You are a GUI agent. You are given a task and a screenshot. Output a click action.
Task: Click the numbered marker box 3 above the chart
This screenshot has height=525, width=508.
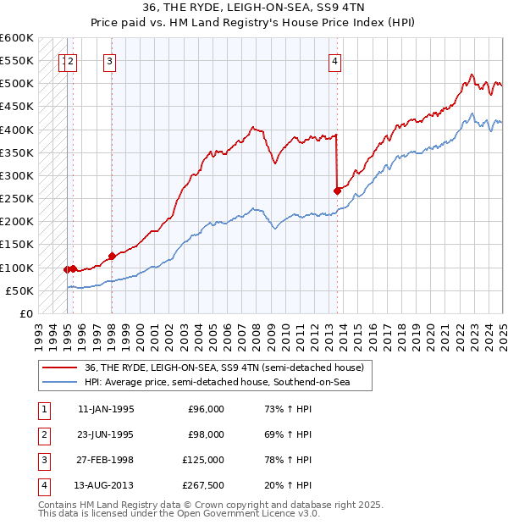111,60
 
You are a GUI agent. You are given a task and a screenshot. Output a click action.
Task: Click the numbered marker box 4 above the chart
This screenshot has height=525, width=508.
335,60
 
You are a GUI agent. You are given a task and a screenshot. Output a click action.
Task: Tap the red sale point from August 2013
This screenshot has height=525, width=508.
337,191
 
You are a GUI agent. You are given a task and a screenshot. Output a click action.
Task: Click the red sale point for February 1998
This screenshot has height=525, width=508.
112,256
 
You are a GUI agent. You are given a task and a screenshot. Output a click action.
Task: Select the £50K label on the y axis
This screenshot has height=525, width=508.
20,290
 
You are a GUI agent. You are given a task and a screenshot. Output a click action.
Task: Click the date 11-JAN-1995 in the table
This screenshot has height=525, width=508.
106,409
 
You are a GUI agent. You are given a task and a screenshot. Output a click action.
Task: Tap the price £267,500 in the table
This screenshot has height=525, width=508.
202,485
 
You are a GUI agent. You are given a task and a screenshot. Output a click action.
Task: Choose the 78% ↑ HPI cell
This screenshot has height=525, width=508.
288,460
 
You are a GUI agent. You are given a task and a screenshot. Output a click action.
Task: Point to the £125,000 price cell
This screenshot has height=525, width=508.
202,460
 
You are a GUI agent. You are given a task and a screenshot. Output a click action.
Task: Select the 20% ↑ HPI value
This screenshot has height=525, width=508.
288,485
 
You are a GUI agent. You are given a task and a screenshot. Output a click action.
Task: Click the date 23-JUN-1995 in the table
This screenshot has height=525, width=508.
106,434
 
